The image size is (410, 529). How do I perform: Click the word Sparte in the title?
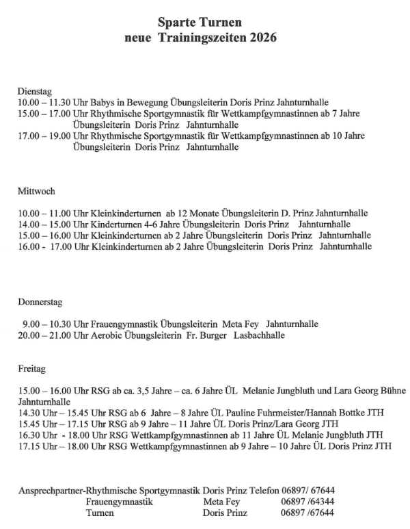click(x=178, y=23)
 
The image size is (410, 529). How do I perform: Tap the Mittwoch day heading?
click(x=36, y=191)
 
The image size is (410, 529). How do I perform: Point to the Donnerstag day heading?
click(x=40, y=302)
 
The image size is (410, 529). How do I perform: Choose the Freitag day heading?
click(x=31, y=369)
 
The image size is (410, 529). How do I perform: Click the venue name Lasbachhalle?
click(x=259, y=335)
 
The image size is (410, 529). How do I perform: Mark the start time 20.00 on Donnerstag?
click(x=29, y=335)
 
